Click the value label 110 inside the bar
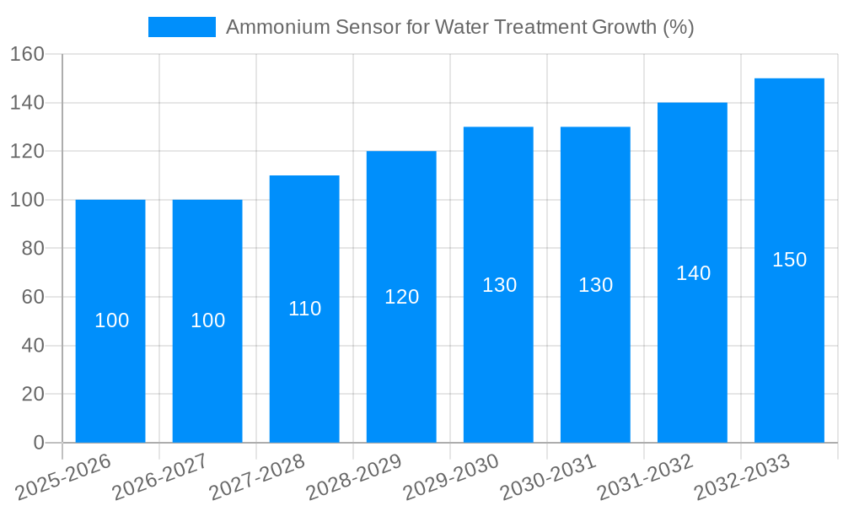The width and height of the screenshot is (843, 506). click(x=304, y=309)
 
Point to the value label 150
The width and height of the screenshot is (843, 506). click(x=789, y=260)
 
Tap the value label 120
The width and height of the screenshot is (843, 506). click(x=401, y=297)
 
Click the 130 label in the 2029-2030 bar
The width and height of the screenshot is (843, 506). click(x=499, y=285)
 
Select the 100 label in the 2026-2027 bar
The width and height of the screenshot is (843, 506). click(x=207, y=320)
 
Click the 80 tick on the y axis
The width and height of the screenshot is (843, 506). click(x=32, y=249)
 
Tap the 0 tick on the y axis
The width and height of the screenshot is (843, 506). click(x=38, y=443)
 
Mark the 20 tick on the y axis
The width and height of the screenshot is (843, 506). click(x=32, y=394)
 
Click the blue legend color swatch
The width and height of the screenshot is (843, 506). click(x=182, y=27)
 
